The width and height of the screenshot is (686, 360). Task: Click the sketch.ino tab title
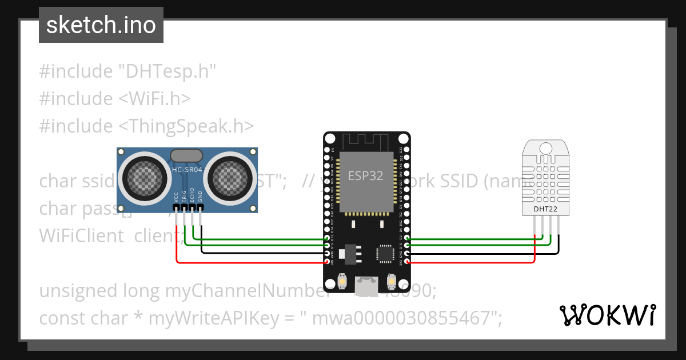pyautogui.click(x=101, y=25)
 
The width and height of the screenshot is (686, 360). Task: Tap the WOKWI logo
pyautogui.click(x=607, y=315)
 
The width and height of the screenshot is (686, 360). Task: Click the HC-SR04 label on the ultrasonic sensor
pyautogui.click(x=187, y=170)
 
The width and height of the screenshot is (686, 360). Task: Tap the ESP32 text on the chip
pyautogui.click(x=366, y=175)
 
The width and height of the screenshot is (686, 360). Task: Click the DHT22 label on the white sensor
pyautogui.click(x=545, y=209)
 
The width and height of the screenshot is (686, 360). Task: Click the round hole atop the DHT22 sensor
pyautogui.click(x=545, y=149)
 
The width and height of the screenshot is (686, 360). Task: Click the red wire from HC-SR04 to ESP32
pyautogui.click(x=252, y=263)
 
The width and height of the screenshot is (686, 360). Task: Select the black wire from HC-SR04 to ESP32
pyautogui.click(x=257, y=252)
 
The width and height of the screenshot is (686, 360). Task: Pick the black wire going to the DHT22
pyautogui.click(x=486, y=252)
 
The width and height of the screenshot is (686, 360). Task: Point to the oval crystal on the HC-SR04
pyautogui.click(x=186, y=155)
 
